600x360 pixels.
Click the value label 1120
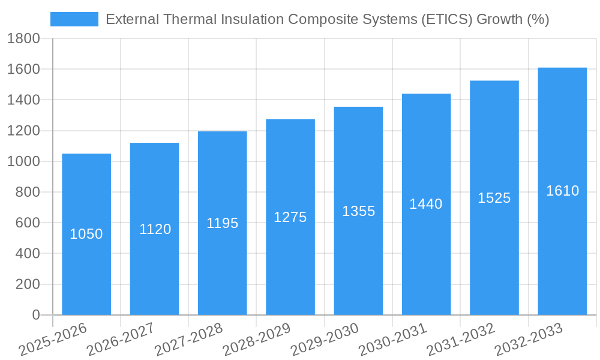155,229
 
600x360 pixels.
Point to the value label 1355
358,211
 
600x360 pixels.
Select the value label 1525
494,198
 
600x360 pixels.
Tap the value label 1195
223,223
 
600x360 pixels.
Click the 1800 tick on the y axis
23,39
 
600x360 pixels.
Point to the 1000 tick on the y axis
23,161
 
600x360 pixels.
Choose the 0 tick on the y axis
35,315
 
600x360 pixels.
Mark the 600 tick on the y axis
27,223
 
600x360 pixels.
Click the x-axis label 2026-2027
121,340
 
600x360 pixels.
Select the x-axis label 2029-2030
325,340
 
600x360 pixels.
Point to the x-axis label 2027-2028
188,340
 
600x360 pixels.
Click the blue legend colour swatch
74,19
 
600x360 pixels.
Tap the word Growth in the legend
500,19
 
